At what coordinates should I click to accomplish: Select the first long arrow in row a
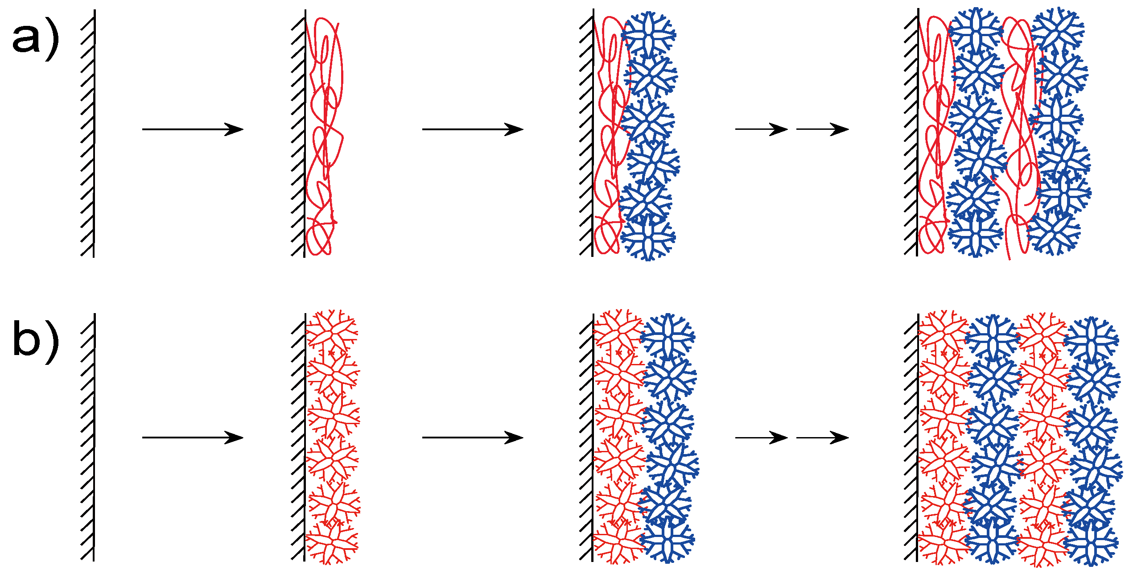tap(193, 129)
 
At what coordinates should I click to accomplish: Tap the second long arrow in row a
tap(473, 129)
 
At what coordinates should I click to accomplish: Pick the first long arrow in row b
tap(193, 438)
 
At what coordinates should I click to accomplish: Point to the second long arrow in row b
tap(473, 438)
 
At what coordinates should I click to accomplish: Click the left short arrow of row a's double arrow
tap(761, 129)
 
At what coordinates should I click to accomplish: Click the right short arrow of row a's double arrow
tap(822, 129)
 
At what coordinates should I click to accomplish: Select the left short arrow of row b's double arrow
tap(761, 438)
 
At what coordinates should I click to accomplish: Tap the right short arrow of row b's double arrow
tap(822, 438)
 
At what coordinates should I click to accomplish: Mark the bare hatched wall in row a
tap(90, 134)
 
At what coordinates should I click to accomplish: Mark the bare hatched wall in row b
tap(90, 437)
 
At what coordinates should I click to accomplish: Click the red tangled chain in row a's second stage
tap(325, 134)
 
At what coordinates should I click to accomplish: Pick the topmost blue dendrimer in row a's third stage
tap(649, 35)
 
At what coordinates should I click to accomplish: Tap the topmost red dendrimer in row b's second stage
tap(331, 332)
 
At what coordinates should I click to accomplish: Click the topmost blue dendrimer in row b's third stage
tap(668, 337)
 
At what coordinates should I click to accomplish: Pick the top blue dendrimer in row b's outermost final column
tap(1091, 340)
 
